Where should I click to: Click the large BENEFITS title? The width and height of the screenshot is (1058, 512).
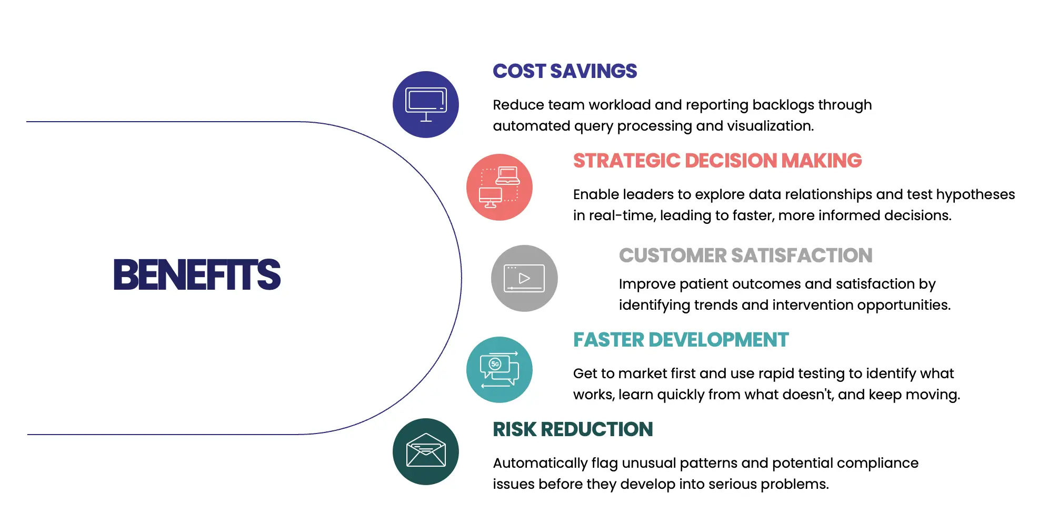[x=197, y=274]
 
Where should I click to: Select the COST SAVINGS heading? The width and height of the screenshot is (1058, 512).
[x=565, y=71]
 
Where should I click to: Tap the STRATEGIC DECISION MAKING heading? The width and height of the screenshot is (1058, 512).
[x=717, y=161]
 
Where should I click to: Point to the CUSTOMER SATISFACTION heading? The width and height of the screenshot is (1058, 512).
[x=745, y=255]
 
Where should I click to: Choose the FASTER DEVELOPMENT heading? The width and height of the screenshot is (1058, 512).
[x=681, y=340]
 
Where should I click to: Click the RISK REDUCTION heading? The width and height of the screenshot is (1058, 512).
[x=573, y=429]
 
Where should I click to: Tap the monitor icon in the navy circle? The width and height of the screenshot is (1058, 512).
[x=426, y=104]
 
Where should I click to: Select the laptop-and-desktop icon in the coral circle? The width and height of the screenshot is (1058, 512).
[x=500, y=187]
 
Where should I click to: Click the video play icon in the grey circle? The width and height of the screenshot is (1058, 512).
[x=524, y=278]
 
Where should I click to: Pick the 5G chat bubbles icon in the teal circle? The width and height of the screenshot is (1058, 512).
[x=500, y=370]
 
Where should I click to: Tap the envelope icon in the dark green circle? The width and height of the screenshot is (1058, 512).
[x=426, y=450]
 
